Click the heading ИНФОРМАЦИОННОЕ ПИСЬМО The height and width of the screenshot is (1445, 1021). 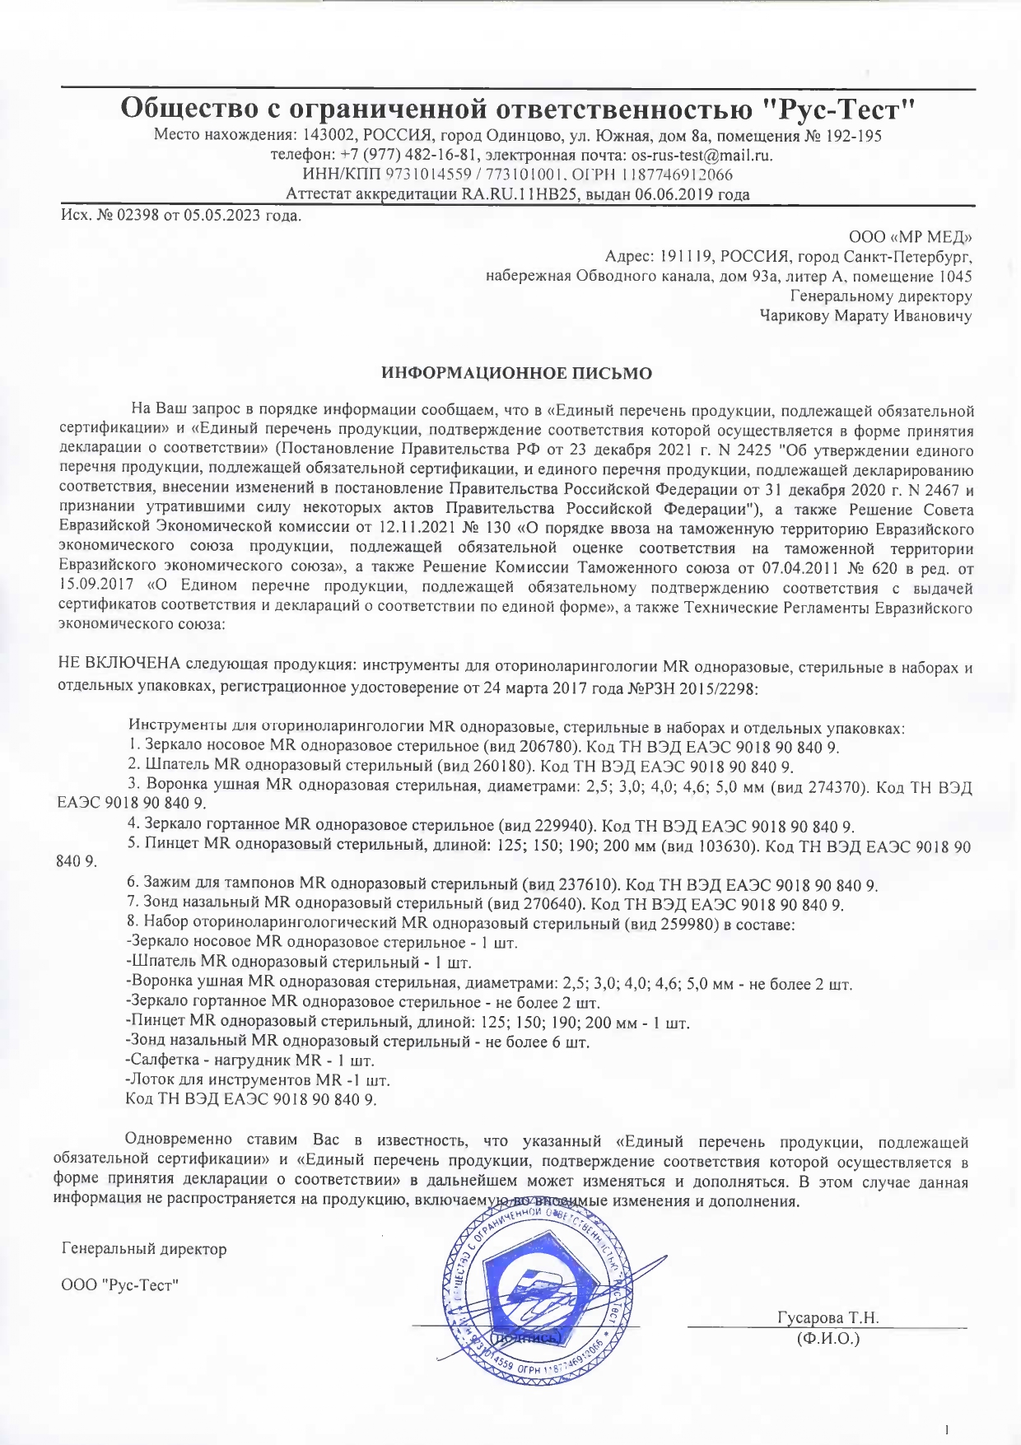(516, 373)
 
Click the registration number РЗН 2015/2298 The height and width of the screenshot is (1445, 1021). (701, 688)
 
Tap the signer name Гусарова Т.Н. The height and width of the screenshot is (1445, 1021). (828, 1317)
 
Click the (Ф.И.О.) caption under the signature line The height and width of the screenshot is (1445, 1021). (828, 1338)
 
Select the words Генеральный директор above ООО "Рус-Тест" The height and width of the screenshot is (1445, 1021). (144, 1249)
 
